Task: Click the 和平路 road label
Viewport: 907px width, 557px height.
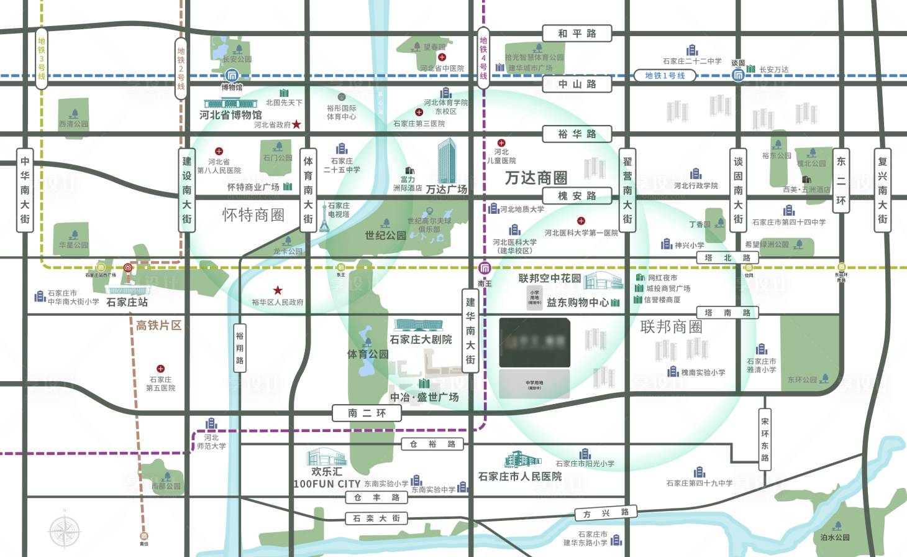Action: click(x=577, y=34)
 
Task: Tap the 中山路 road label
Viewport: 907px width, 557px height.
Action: click(x=577, y=83)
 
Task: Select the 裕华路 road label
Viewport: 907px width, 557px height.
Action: click(x=577, y=134)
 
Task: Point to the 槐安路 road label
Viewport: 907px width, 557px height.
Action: click(x=577, y=196)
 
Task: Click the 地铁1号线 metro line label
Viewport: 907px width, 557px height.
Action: click(x=665, y=76)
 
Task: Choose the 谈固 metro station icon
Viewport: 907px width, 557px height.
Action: click(x=738, y=75)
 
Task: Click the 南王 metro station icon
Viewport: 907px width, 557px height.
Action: click(x=485, y=269)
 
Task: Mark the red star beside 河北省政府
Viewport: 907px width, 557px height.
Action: click(x=297, y=124)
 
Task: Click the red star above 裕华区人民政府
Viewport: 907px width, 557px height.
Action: click(x=278, y=290)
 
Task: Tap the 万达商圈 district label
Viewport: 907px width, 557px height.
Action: click(x=536, y=178)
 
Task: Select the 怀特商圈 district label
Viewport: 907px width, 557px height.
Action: click(x=253, y=215)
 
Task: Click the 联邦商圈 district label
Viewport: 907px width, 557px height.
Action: click(x=671, y=327)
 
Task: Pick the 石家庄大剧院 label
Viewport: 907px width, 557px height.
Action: click(x=421, y=339)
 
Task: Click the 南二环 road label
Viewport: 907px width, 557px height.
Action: click(x=367, y=413)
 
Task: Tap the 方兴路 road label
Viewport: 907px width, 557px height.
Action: click(x=606, y=513)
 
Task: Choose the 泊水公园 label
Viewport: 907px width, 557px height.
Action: click(x=834, y=537)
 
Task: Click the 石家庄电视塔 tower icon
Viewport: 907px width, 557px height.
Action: click(x=324, y=217)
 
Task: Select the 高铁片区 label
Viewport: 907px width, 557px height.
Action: click(x=158, y=325)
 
